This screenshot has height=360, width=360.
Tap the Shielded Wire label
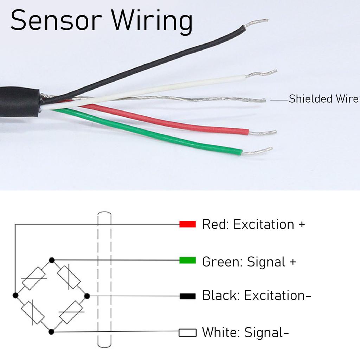point(323,99)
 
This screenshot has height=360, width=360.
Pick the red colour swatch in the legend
point(187,224)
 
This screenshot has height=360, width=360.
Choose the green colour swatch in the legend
point(187,261)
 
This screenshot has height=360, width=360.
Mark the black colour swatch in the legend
point(187,296)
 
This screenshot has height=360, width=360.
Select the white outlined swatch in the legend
point(187,333)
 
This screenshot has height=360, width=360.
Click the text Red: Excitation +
point(253,224)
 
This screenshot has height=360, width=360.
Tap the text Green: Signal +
point(249,262)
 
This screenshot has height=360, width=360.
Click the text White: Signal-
point(245,332)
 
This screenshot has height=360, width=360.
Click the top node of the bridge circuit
point(52,260)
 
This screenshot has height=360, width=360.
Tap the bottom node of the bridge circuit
point(51,332)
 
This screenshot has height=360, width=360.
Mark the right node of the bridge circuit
point(87,296)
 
